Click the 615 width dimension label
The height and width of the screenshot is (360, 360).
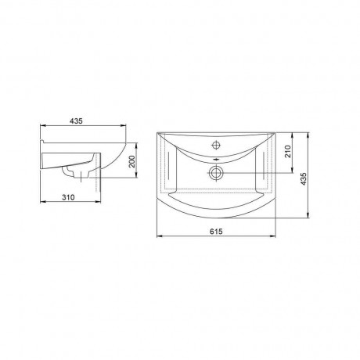click(x=216, y=231)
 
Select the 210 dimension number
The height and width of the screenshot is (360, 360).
click(x=288, y=151)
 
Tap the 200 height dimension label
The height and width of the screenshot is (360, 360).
click(x=132, y=162)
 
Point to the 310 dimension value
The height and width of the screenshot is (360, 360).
click(x=68, y=197)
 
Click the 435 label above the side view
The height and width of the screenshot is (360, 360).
click(x=76, y=121)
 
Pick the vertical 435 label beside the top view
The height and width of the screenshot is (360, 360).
click(x=303, y=179)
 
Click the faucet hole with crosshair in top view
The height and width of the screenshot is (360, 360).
click(x=216, y=144)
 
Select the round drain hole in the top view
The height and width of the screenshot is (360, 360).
click(x=216, y=173)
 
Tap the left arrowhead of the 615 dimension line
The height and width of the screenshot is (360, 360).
click(x=160, y=236)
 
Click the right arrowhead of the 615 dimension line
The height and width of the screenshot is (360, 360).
click(x=273, y=236)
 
